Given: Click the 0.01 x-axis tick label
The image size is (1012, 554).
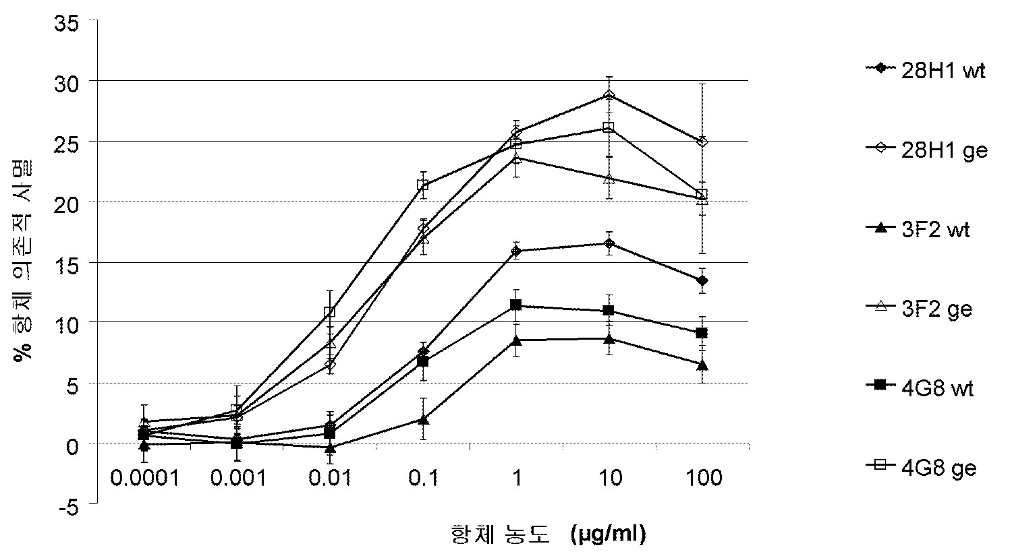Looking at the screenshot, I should (x=331, y=479).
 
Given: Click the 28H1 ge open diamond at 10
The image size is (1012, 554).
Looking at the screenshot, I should (x=609, y=95).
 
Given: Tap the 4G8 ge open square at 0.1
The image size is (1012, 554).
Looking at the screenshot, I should (x=423, y=185).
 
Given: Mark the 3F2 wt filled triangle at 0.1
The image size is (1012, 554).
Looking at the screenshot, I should (x=423, y=419).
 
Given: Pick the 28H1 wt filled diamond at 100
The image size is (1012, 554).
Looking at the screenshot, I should (x=702, y=280).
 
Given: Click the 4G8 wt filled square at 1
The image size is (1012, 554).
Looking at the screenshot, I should (x=516, y=305).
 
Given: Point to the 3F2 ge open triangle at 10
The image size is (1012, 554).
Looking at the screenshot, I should (x=609, y=179).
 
